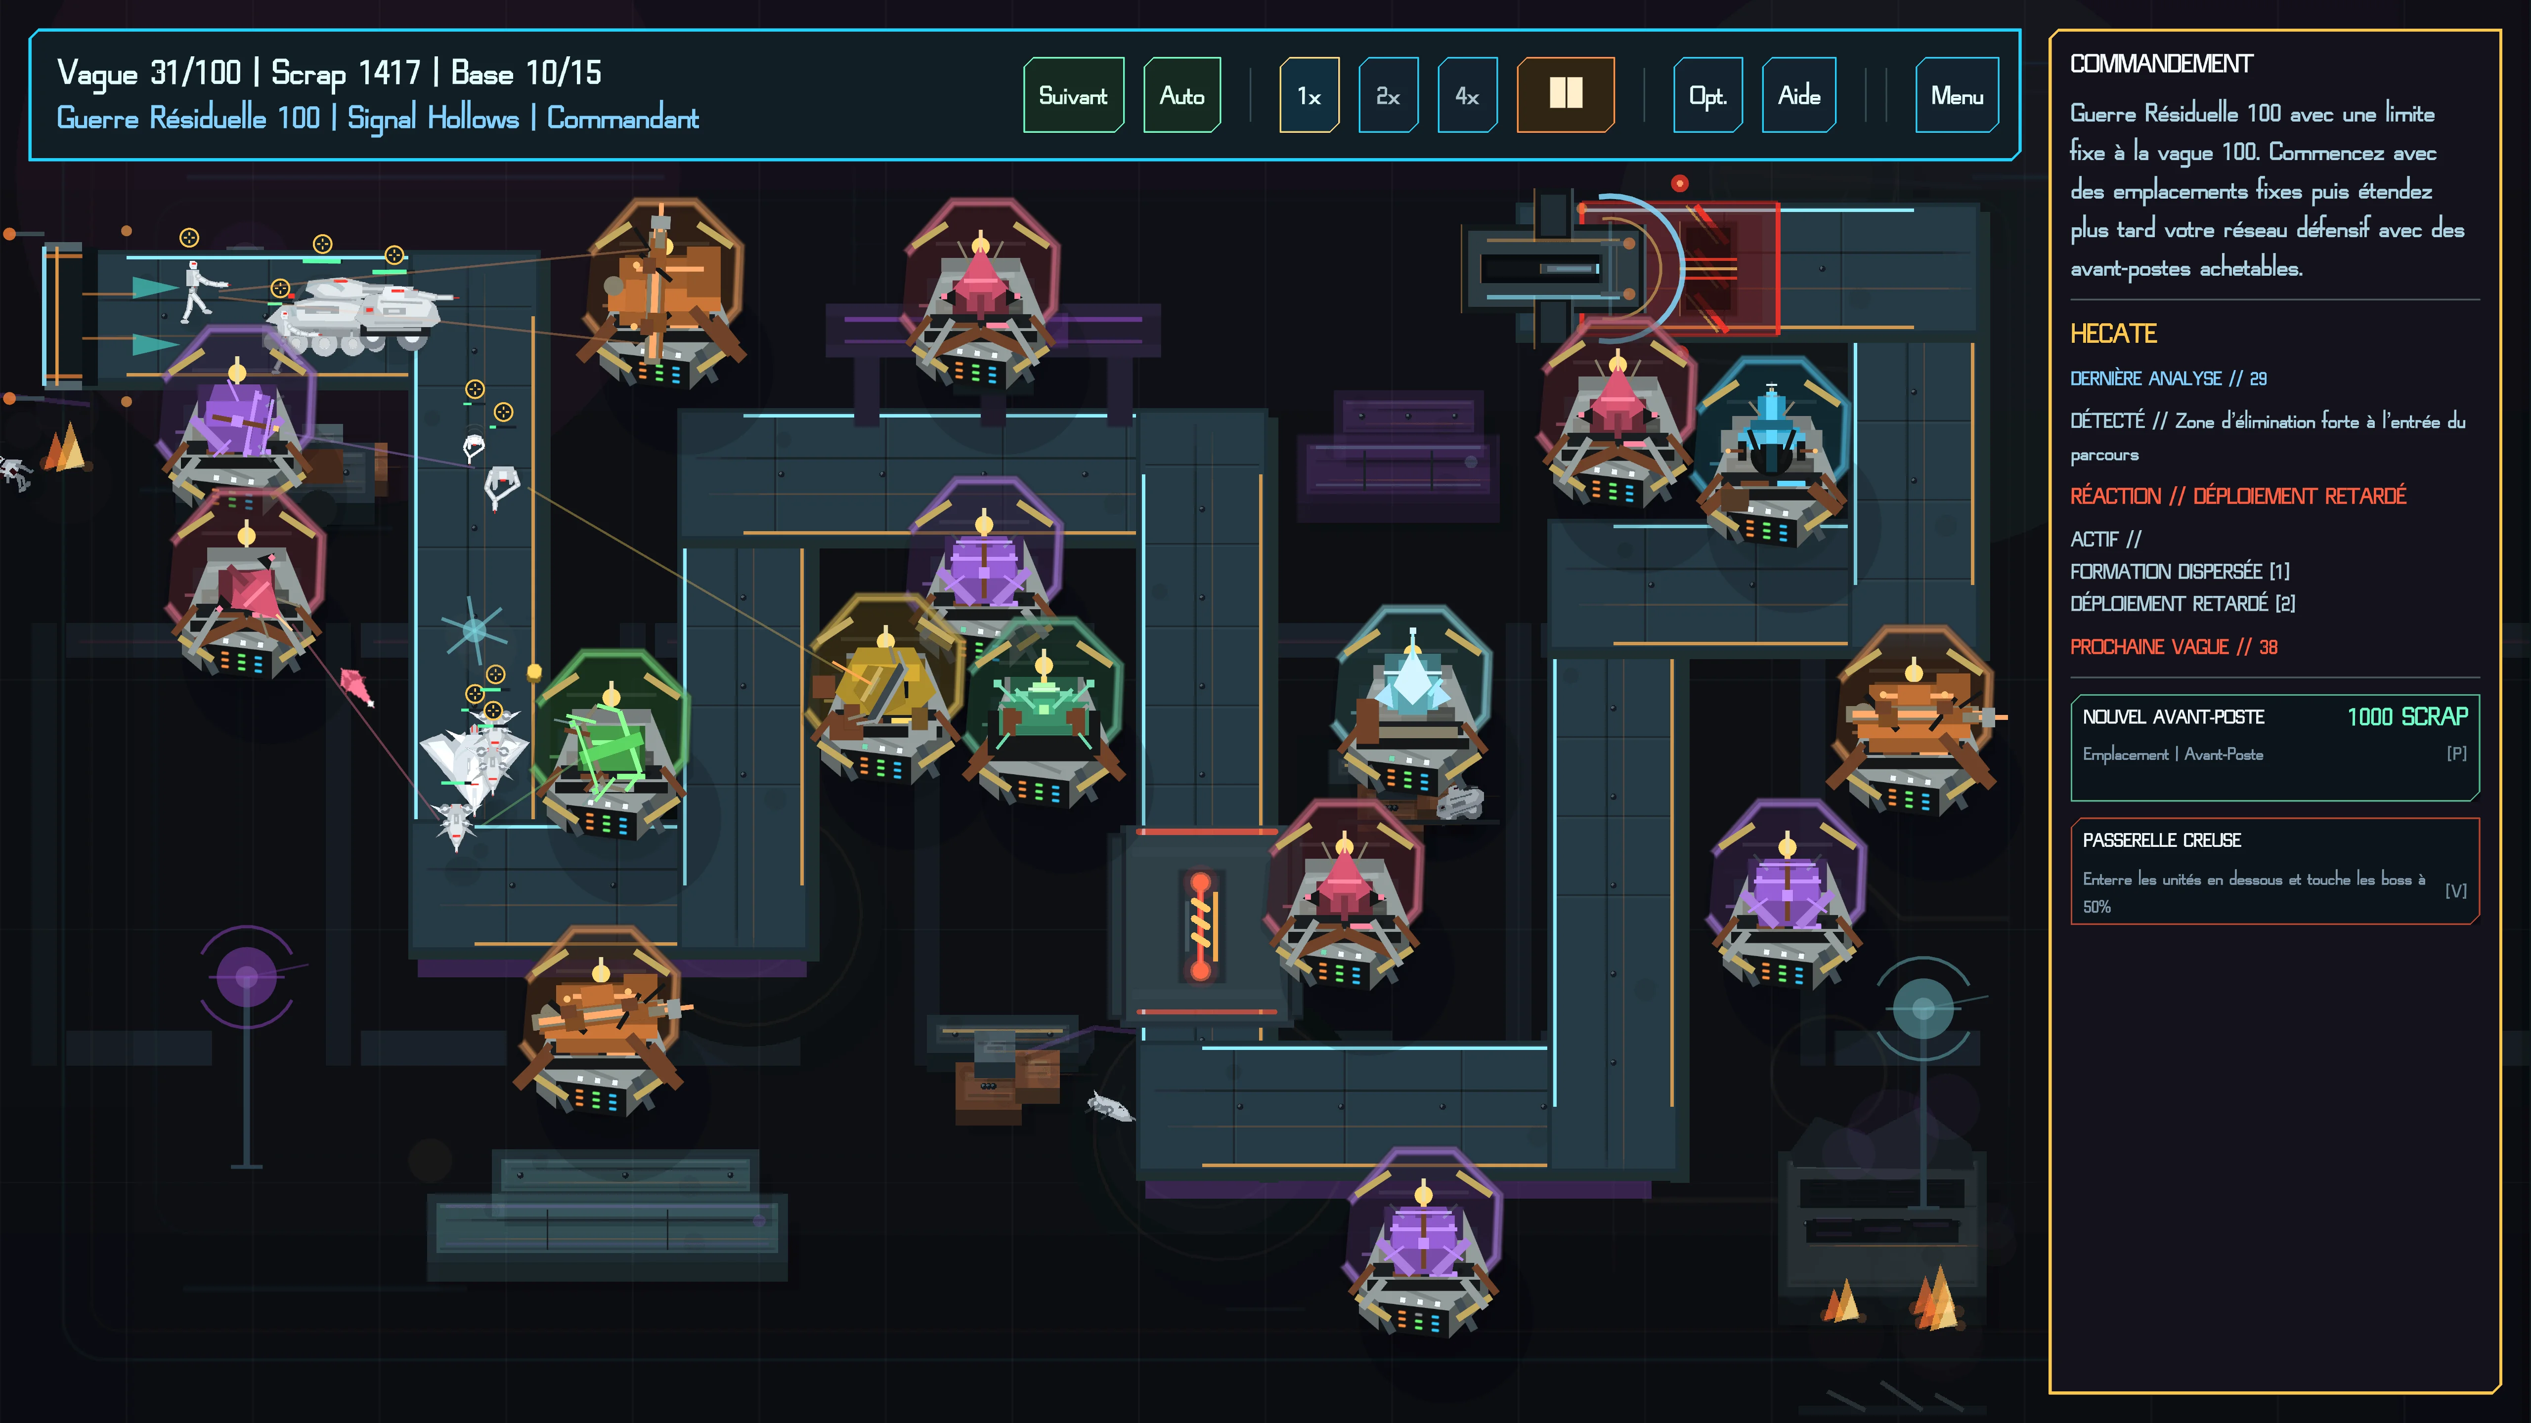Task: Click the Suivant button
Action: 1073,95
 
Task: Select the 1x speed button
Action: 1309,95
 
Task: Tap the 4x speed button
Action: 1467,95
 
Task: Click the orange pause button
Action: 1565,95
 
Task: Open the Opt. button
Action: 1707,95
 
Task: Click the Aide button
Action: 1799,95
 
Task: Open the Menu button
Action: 1956,95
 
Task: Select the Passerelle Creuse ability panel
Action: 2274,871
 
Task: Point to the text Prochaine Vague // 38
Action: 2174,646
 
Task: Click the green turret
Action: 611,747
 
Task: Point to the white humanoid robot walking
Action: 198,292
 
